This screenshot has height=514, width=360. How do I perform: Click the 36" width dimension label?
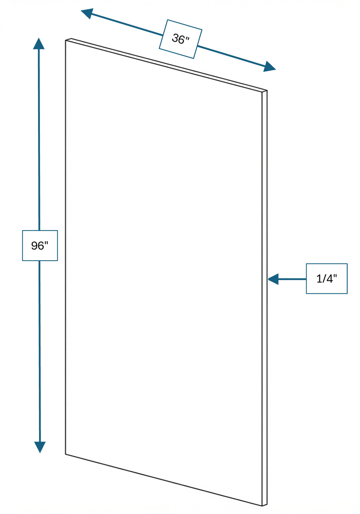tap(180, 39)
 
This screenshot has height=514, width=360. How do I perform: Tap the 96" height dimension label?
tap(40, 246)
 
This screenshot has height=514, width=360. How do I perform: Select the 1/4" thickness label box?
tap(327, 278)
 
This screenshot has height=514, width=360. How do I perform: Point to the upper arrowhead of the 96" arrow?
tap(39, 44)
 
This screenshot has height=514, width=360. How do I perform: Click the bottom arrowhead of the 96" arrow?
tap(40, 447)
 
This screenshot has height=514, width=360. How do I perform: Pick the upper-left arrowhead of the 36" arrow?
tap(87, 13)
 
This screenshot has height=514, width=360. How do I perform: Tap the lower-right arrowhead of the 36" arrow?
tap(269, 67)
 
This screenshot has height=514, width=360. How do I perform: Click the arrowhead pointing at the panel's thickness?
tap(273, 279)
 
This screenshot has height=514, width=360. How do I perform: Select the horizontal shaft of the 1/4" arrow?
tap(292, 279)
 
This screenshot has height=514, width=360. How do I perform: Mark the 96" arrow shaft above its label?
tap(39, 140)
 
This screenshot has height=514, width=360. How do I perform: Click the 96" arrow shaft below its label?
tap(40, 351)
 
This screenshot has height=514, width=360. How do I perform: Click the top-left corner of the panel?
tap(66, 41)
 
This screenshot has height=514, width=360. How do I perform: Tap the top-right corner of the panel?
tap(267, 90)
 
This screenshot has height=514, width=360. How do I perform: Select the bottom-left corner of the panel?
tap(66, 454)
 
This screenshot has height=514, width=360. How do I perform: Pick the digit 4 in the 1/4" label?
tap(328, 279)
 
